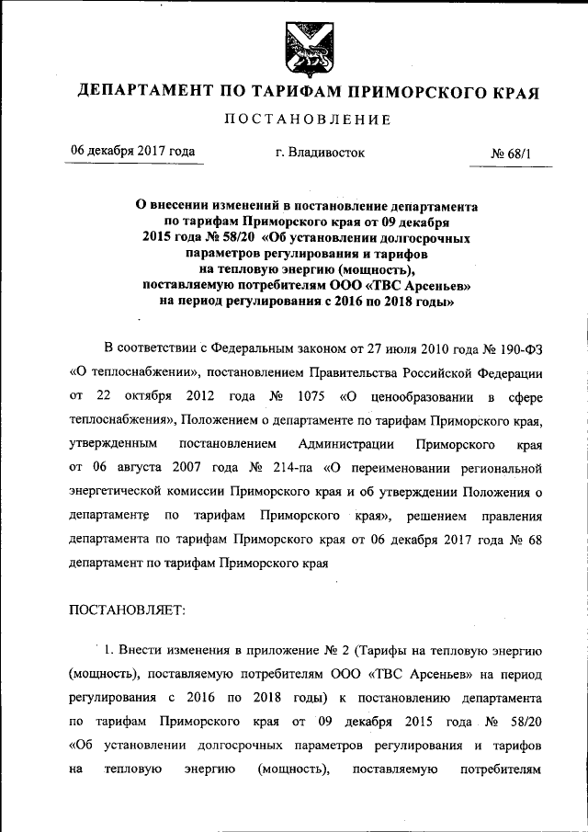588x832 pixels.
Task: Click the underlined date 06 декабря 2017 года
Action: pos(133,152)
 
